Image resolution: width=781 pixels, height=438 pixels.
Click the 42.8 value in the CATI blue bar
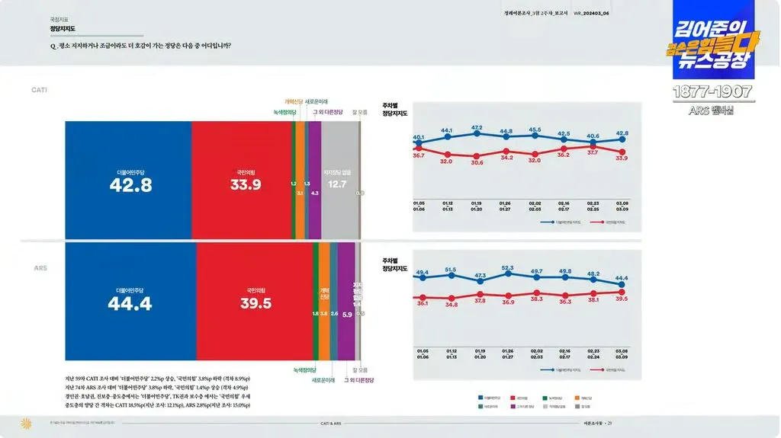[131, 184]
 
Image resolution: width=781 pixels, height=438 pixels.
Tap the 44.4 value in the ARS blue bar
[130, 304]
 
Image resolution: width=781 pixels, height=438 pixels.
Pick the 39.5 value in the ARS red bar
[256, 304]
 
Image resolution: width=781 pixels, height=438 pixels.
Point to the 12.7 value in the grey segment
[336, 184]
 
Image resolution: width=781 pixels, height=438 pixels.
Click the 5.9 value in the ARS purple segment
[346, 314]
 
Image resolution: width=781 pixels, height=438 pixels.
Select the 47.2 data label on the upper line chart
[477, 128]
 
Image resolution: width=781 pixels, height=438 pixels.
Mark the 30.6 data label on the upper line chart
[477, 162]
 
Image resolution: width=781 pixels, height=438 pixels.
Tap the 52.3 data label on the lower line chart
[508, 267]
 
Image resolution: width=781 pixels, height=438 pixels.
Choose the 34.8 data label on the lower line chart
[452, 305]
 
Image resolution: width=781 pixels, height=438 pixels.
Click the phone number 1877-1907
[712, 92]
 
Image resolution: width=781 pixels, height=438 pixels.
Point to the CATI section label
[39, 90]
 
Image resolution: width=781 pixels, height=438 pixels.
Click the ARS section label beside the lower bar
[40, 268]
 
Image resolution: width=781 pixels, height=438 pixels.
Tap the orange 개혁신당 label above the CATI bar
[293, 101]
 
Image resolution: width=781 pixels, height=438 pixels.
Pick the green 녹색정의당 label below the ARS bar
[304, 369]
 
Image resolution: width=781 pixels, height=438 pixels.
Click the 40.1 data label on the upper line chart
[419, 138]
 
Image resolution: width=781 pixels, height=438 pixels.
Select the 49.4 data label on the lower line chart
[422, 272]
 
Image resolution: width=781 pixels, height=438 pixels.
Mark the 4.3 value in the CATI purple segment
[315, 193]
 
